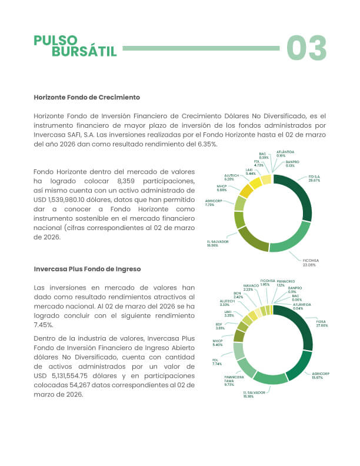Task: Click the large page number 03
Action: tap(306, 48)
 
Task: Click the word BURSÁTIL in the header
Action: tap(84, 52)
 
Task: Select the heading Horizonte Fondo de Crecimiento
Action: tap(86, 96)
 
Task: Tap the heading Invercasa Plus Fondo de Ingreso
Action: tap(87, 269)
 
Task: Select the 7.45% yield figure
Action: tap(44, 324)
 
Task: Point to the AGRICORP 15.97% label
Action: tap(321, 375)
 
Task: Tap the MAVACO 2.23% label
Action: tap(251, 288)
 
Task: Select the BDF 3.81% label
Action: tap(219, 325)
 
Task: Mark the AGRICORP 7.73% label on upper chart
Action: tap(213, 202)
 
